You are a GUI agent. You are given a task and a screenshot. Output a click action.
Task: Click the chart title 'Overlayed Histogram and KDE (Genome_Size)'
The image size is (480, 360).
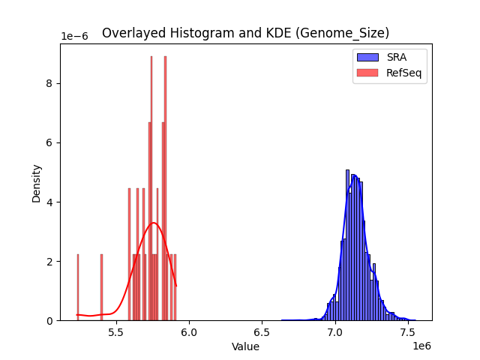(245, 33)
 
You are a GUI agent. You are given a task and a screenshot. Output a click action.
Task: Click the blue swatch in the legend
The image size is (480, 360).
(367, 57)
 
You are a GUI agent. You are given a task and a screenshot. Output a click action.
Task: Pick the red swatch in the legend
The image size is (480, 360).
(367, 72)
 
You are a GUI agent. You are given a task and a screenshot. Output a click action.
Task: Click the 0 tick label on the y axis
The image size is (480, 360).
(50, 320)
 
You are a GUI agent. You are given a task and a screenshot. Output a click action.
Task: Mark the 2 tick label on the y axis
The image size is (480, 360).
(50, 261)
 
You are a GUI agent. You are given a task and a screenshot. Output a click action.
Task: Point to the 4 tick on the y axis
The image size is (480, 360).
(50, 202)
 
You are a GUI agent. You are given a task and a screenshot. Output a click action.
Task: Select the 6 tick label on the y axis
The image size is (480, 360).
(50, 142)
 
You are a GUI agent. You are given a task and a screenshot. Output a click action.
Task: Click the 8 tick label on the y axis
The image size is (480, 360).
(50, 83)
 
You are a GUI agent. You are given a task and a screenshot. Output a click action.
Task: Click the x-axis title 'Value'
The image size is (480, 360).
(245, 346)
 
